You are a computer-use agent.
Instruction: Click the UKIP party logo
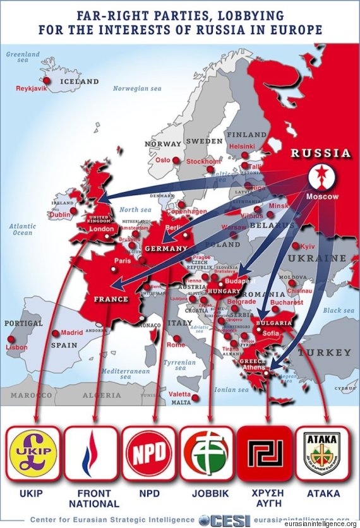(x=33, y=453)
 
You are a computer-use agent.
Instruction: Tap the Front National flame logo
(x=92, y=453)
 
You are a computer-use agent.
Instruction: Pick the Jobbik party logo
(x=208, y=453)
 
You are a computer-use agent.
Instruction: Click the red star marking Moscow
(x=322, y=179)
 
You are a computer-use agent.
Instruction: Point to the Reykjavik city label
(x=32, y=88)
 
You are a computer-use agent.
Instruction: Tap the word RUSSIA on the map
(x=321, y=153)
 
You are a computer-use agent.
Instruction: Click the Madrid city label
(x=72, y=333)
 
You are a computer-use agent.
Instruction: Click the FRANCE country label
(x=111, y=299)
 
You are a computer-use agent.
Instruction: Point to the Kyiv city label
(x=308, y=246)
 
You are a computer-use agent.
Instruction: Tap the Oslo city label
(x=163, y=160)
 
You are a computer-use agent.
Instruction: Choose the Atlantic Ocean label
(x=23, y=229)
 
